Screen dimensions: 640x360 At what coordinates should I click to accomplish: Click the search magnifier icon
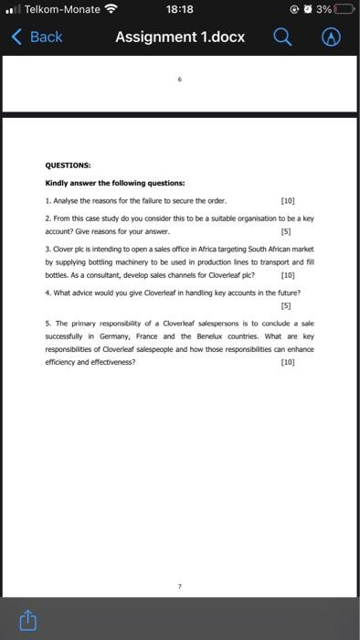click(x=283, y=37)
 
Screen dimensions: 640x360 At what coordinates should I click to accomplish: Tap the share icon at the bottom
click(x=27, y=621)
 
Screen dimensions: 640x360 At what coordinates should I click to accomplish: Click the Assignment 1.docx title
click(x=180, y=37)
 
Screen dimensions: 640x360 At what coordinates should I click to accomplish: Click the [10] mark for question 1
click(x=288, y=199)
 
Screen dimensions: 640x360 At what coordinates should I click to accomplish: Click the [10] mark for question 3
click(x=288, y=274)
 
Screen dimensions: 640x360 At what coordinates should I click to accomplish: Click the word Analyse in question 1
click(x=67, y=199)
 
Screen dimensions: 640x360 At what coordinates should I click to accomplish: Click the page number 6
click(x=180, y=80)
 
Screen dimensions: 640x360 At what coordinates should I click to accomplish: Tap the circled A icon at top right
click(x=334, y=37)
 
